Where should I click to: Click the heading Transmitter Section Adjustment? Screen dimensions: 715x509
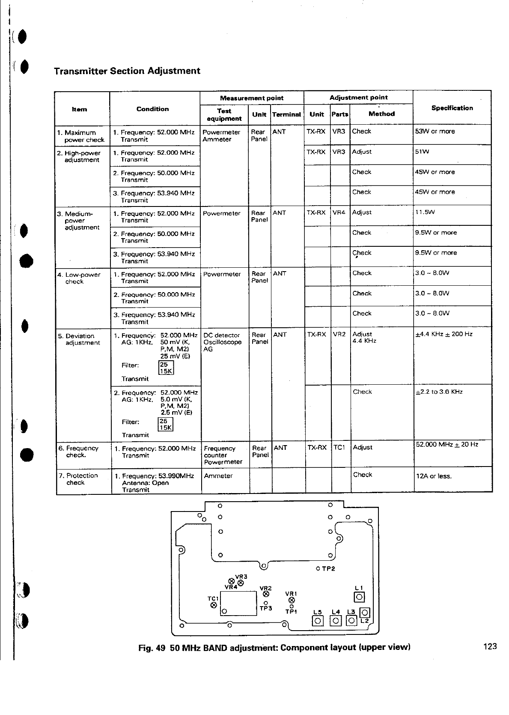[127, 71]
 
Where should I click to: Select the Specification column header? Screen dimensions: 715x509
[452, 108]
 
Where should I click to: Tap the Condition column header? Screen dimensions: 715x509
[152, 109]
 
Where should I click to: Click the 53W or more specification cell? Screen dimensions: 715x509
[435, 132]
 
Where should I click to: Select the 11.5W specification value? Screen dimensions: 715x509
[425, 212]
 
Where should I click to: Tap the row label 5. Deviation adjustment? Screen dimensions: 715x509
[79, 339]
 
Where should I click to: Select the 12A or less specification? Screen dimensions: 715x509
[434, 476]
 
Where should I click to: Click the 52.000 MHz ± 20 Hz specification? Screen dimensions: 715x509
[447, 445]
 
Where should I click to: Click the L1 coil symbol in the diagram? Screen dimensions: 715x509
[359, 597]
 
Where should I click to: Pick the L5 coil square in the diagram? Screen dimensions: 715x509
[317, 620]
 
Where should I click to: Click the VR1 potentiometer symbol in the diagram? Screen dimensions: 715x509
[292, 600]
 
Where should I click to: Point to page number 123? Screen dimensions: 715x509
[490, 646]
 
